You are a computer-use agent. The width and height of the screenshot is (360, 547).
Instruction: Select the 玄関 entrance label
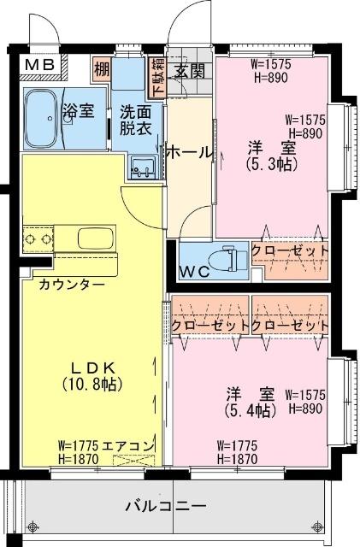click(x=189, y=71)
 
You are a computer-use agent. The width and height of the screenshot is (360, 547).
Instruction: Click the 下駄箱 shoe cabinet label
click(x=158, y=78)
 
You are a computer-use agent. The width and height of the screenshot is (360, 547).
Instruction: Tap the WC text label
click(x=196, y=273)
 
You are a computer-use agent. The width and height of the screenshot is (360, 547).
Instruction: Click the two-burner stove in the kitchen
click(x=38, y=236)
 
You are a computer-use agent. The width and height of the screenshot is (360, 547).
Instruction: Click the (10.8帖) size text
click(x=91, y=385)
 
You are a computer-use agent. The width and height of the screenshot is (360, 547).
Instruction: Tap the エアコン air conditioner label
click(x=128, y=445)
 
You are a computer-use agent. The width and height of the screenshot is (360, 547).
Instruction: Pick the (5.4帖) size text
click(x=251, y=410)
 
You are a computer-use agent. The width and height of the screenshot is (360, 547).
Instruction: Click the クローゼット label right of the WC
click(x=290, y=250)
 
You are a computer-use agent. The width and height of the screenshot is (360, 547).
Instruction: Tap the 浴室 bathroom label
click(x=78, y=109)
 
